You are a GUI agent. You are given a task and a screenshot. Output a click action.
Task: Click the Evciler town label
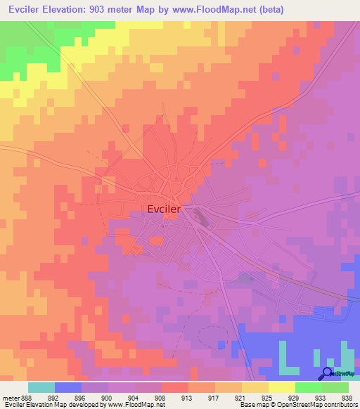tap(165, 209)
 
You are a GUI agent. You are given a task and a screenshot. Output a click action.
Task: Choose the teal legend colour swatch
tap(41, 387)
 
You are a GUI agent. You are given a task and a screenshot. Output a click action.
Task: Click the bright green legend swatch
tap(309, 387)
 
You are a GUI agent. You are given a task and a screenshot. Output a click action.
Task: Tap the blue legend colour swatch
tap(68, 387)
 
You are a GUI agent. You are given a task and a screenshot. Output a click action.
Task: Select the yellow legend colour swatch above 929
tap(282, 387)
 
